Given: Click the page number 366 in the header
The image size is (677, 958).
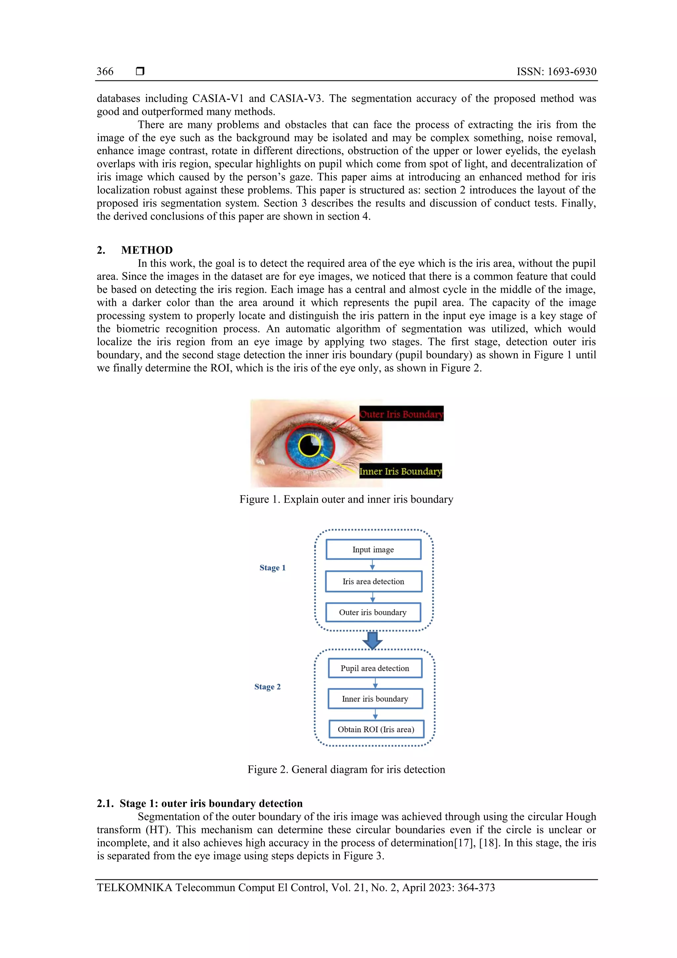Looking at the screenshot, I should [x=105, y=71].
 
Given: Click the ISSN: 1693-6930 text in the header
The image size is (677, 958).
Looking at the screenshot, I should [x=556, y=71].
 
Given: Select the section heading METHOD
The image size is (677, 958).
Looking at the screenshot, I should [x=147, y=250].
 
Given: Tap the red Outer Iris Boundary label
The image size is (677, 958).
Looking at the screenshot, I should [x=401, y=414].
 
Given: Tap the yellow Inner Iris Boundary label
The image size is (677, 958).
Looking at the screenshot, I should [x=400, y=471].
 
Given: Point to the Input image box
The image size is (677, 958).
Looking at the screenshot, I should [x=373, y=550].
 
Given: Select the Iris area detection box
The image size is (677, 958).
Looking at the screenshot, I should [x=373, y=581].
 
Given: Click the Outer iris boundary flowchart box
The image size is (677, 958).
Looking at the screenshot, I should [x=373, y=612].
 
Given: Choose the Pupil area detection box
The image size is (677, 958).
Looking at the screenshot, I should [x=375, y=668].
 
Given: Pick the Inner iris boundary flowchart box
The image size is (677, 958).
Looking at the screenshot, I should [x=375, y=699].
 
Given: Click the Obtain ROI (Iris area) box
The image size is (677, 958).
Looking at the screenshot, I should [x=376, y=729].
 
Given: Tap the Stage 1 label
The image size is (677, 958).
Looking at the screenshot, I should [x=272, y=567].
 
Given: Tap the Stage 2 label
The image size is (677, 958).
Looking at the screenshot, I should [x=267, y=687].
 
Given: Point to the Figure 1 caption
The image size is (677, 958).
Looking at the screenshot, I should [x=346, y=499].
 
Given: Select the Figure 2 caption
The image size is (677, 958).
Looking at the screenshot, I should [x=346, y=770].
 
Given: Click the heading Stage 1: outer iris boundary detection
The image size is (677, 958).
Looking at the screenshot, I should [x=199, y=803].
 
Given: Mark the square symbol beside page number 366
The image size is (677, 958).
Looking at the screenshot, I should [x=140, y=71].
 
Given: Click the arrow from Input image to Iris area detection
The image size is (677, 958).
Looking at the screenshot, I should [x=373, y=565].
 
